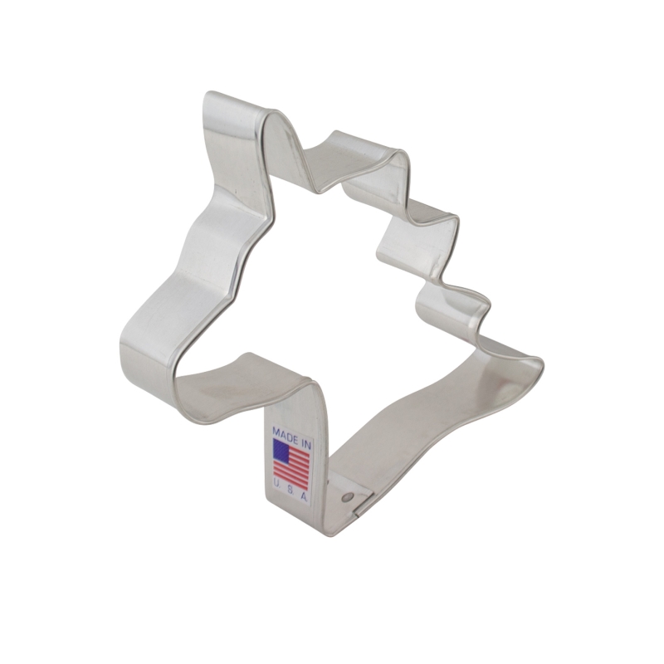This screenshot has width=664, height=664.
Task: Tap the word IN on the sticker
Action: [x=305, y=444]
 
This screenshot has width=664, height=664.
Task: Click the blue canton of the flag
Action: [x=284, y=451]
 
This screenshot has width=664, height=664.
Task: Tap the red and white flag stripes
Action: [x=291, y=466]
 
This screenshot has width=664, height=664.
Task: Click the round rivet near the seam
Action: [x=348, y=496]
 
